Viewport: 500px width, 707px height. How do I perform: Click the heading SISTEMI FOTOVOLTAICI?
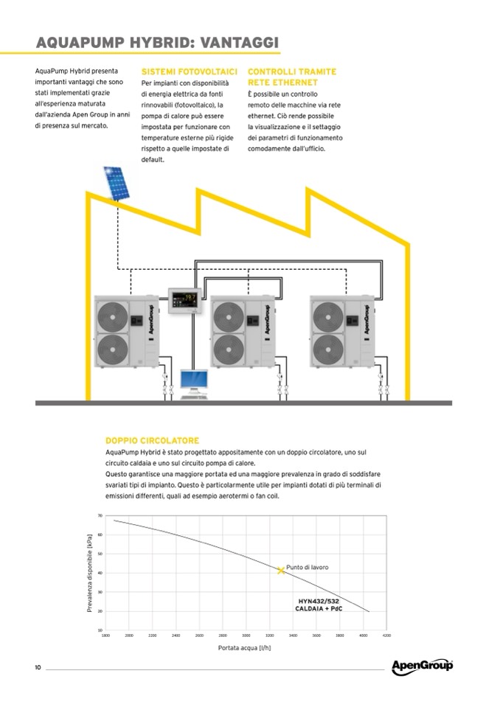[189, 72]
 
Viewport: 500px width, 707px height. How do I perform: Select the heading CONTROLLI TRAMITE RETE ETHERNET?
[292, 77]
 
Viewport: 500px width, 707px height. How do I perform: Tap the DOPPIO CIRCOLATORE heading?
[152, 440]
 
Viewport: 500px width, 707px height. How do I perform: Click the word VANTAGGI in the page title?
[237, 42]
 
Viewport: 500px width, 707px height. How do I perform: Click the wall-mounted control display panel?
[187, 300]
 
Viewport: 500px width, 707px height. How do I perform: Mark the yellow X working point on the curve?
[281, 570]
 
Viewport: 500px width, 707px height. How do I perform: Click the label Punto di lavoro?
[308, 567]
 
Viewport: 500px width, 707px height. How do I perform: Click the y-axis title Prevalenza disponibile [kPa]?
[89, 573]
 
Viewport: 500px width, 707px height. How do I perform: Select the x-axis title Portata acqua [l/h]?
[243, 649]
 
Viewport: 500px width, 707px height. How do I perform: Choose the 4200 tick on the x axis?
[386, 635]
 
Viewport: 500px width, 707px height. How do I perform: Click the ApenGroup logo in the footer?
[422, 666]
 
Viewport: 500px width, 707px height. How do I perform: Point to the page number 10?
[38, 668]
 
